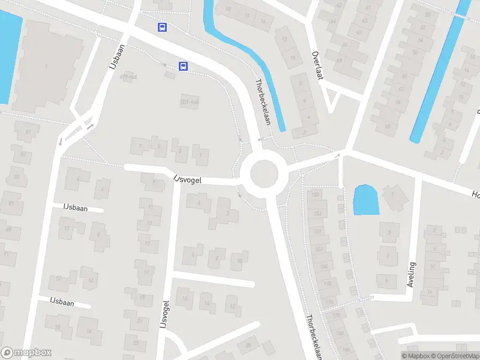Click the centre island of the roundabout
click(x=265, y=174)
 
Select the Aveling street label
click(x=411, y=274)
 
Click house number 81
click(x=28, y=132)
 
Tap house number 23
click(x=136, y=343)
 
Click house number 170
click(x=327, y=283)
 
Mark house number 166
click(x=324, y=266)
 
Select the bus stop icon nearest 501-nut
click(x=183, y=67)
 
